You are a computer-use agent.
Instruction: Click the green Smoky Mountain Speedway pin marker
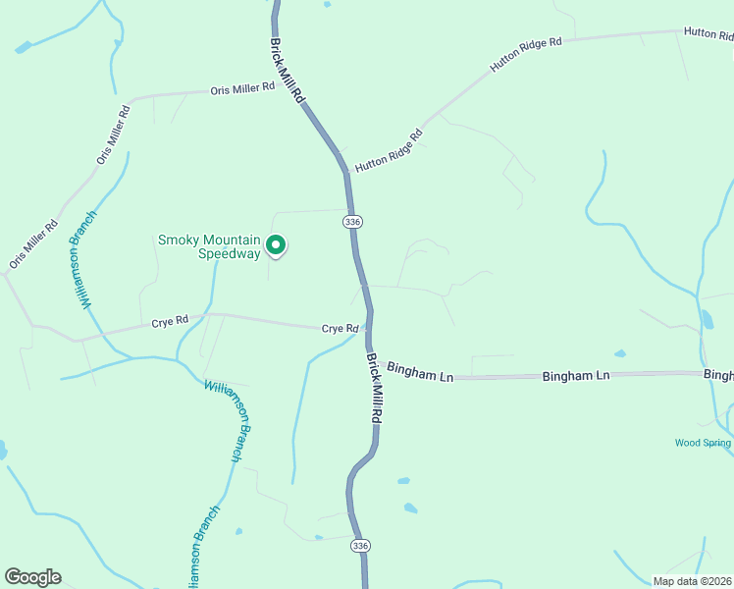[277, 244]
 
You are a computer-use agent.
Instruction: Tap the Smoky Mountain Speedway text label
[210, 246]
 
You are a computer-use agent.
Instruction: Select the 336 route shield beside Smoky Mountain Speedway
[353, 223]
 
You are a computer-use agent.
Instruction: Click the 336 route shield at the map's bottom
[361, 546]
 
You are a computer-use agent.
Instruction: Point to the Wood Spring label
[703, 443]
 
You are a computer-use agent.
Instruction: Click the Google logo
[32, 577]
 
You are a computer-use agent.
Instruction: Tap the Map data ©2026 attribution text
[692, 581]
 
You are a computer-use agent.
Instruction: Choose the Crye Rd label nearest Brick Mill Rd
[339, 329]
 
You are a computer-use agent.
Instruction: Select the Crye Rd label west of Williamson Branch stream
[170, 322]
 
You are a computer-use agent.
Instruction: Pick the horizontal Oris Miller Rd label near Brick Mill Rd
[242, 89]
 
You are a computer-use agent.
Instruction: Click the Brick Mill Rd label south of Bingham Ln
[375, 390]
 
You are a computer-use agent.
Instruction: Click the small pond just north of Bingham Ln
[619, 353]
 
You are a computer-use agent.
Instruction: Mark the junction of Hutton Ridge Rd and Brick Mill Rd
[345, 174]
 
